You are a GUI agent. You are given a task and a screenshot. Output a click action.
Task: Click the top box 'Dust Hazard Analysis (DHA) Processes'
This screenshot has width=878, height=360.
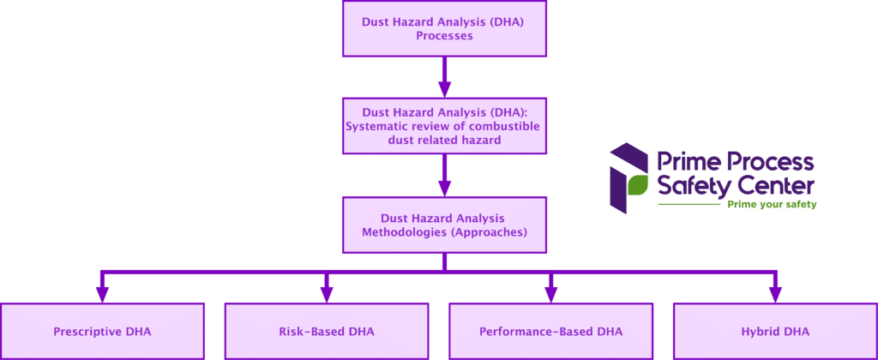(444, 28)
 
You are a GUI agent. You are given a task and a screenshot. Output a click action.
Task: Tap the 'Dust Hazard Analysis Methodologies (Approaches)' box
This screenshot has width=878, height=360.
(444, 225)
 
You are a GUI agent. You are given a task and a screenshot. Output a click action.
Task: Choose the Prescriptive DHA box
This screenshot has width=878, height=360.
(103, 331)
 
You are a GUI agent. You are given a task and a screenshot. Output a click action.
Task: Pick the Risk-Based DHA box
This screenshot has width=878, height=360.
(327, 331)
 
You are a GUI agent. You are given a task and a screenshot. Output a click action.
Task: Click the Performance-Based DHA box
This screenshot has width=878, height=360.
(551, 331)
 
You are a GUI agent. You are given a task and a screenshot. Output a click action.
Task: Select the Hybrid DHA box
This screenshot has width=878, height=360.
(775, 331)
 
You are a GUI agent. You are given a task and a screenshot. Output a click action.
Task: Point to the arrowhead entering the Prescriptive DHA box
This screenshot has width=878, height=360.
(103, 294)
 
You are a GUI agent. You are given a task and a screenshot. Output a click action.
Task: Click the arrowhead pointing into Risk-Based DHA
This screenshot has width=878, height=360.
(327, 294)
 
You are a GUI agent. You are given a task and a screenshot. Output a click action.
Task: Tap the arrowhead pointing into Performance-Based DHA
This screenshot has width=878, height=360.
(551, 294)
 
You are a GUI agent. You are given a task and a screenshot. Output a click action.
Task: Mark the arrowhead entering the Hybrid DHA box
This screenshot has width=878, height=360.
(775, 294)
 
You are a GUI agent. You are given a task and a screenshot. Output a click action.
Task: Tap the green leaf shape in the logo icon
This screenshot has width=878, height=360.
(635, 186)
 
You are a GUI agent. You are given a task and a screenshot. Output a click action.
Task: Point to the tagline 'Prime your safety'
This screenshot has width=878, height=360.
(772, 206)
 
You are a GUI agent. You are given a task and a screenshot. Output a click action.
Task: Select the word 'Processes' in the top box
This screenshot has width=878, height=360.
(444, 37)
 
